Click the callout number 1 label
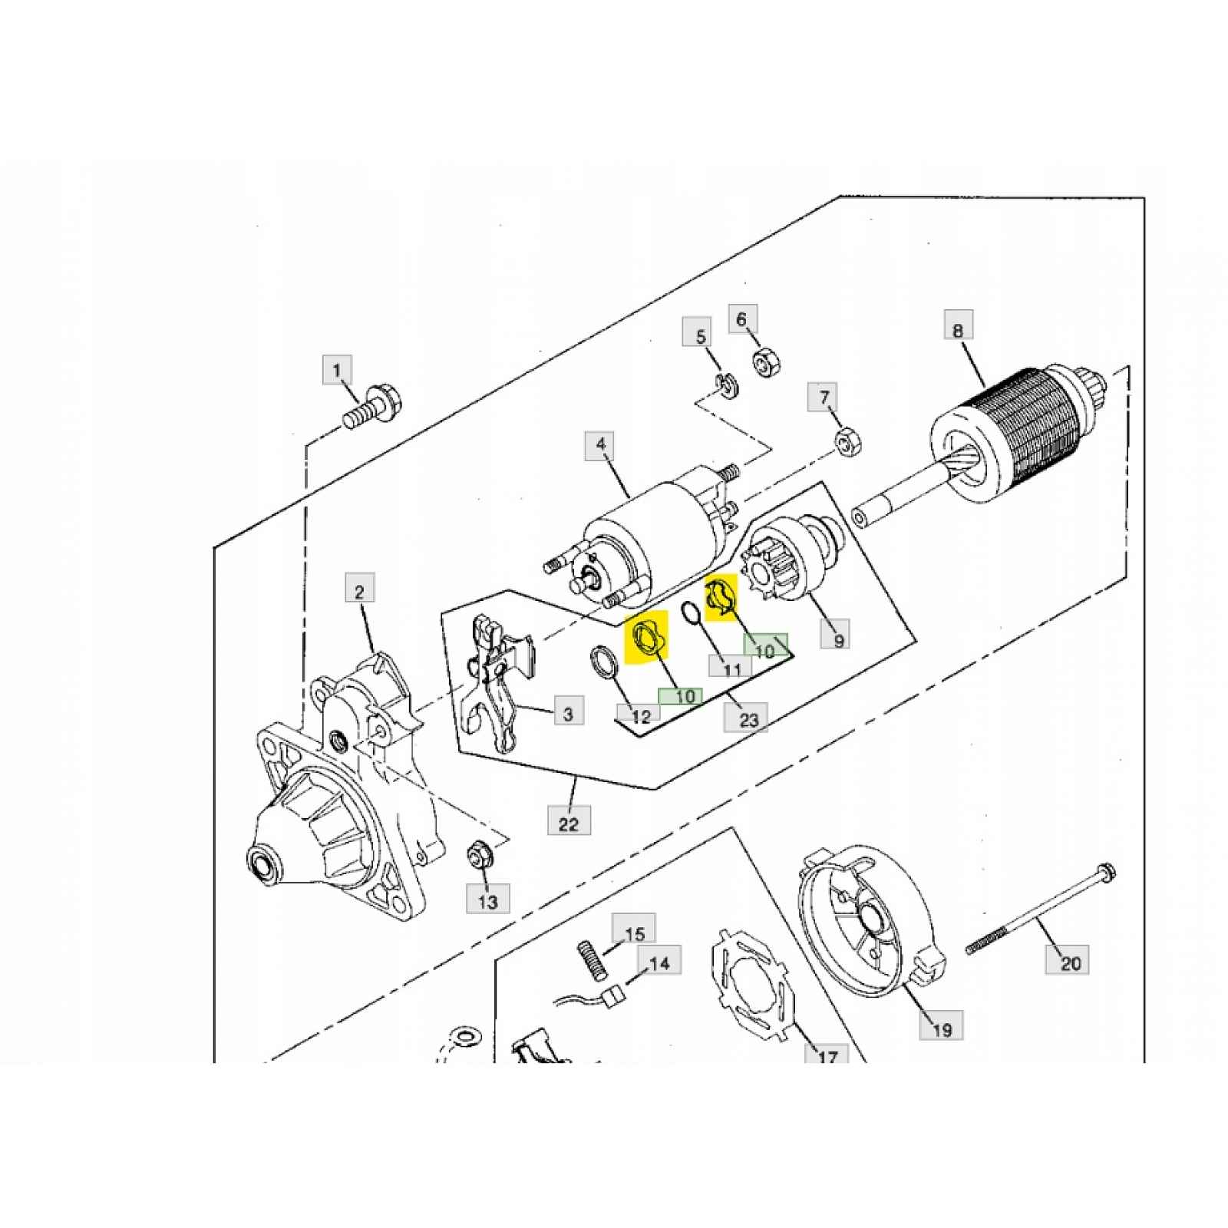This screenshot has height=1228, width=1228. [x=336, y=371]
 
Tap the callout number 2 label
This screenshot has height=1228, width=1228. [x=359, y=591]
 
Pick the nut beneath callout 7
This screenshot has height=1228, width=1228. [x=849, y=443]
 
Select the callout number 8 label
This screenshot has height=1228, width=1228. [x=958, y=331]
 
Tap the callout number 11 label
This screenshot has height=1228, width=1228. [x=732, y=668]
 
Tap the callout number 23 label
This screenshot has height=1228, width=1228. [x=748, y=719]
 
